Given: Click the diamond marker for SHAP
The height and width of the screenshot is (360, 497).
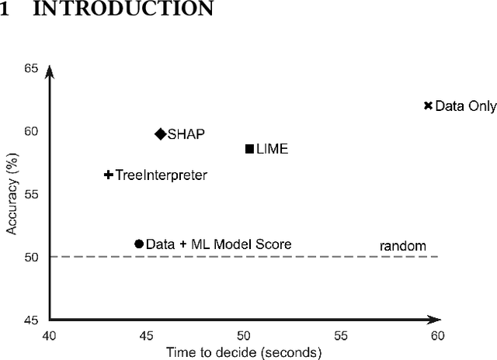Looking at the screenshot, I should pyautogui.click(x=161, y=133).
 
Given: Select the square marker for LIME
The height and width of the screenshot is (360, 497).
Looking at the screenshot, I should pyautogui.click(x=249, y=148).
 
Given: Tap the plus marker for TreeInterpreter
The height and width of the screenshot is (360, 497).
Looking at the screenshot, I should pyautogui.click(x=108, y=175).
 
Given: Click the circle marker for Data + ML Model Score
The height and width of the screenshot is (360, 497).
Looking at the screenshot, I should pyautogui.click(x=139, y=244).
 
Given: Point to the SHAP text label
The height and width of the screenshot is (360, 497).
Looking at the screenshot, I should pyautogui.click(x=186, y=133).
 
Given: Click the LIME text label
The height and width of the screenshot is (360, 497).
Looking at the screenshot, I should pyautogui.click(x=272, y=148).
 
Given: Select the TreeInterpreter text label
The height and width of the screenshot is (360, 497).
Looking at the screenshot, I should pyautogui.click(x=161, y=175).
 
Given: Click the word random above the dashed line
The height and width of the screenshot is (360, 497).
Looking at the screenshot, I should pyautogui.click(x=402, y=246).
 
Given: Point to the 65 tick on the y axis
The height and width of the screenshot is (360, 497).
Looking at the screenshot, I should pyautogui.click(x=31, y=68).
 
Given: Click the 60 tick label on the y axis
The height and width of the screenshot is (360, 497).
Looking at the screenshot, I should pyautogui.click(x=31, y=131).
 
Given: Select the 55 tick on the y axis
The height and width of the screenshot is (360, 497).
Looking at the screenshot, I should pyautogui.click(x=31, y=194).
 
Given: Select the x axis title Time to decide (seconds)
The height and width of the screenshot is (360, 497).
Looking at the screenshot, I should pyautogui.click(x=243, y=351).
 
